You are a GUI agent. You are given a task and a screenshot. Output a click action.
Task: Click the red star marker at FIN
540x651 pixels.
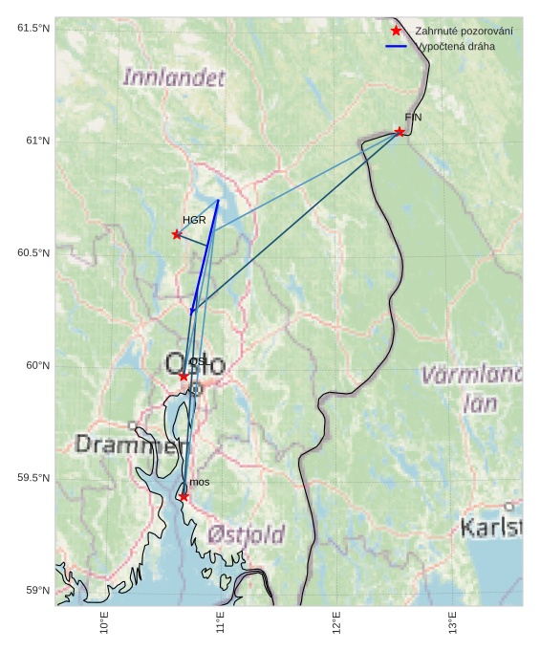point(400,131)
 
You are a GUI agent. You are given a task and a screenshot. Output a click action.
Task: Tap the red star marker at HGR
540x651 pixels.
point(177,234)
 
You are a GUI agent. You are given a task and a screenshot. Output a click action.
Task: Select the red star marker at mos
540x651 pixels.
point(184,496)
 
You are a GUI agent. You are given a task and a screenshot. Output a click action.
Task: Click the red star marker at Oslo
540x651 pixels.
point(184,377)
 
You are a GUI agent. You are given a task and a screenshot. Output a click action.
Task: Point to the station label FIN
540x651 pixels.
point(413,118)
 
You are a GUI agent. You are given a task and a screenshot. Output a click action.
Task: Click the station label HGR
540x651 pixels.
point(194,220)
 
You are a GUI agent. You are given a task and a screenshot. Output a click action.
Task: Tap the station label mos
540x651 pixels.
point(199,482)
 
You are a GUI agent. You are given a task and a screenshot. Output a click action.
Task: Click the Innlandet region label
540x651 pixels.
point(174,77)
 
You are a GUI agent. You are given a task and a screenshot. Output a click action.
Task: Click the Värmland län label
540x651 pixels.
point(473,388)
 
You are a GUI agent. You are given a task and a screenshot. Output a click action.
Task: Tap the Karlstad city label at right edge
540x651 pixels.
point(491,527)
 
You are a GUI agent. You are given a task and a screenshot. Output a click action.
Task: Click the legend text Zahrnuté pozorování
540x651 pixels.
point(464,32)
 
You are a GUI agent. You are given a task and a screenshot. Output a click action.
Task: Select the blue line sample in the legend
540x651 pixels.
point(396,46)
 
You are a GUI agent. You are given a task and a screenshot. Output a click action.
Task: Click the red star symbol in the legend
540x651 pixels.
point(396,32)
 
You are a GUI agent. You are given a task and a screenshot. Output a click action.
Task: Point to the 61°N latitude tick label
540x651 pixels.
point(33,141)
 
